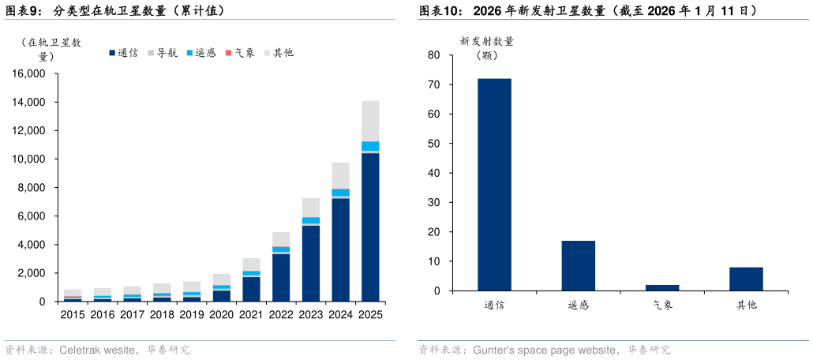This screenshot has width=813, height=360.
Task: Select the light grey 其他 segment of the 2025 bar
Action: click(370, 121)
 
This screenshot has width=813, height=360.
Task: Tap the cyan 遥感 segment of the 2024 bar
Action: click(340, 193)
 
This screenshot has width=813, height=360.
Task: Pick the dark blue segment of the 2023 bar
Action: click(311, 264)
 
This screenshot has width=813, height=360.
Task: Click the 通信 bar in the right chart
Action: click(494, 185)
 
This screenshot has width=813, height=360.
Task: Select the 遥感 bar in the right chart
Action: click(578, 266)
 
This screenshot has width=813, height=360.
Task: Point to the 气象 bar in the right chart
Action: click(662, 288)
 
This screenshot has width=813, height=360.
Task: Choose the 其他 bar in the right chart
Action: click(746, 279)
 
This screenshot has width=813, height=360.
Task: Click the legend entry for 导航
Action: click(161, 53)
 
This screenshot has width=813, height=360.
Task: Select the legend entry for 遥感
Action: click(200, 53)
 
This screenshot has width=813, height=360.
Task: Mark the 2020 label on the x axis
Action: click(221, 314)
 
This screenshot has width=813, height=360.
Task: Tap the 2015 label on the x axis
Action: click(73, 314)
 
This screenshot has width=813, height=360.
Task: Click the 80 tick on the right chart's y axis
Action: click(433, 55)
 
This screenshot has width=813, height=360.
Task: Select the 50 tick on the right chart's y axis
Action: click(433, 144)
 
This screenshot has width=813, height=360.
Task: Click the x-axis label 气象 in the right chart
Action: click(662, 305)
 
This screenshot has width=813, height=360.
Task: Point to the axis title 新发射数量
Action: click(492, 41)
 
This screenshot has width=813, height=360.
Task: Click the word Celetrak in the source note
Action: click(80, 350)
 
